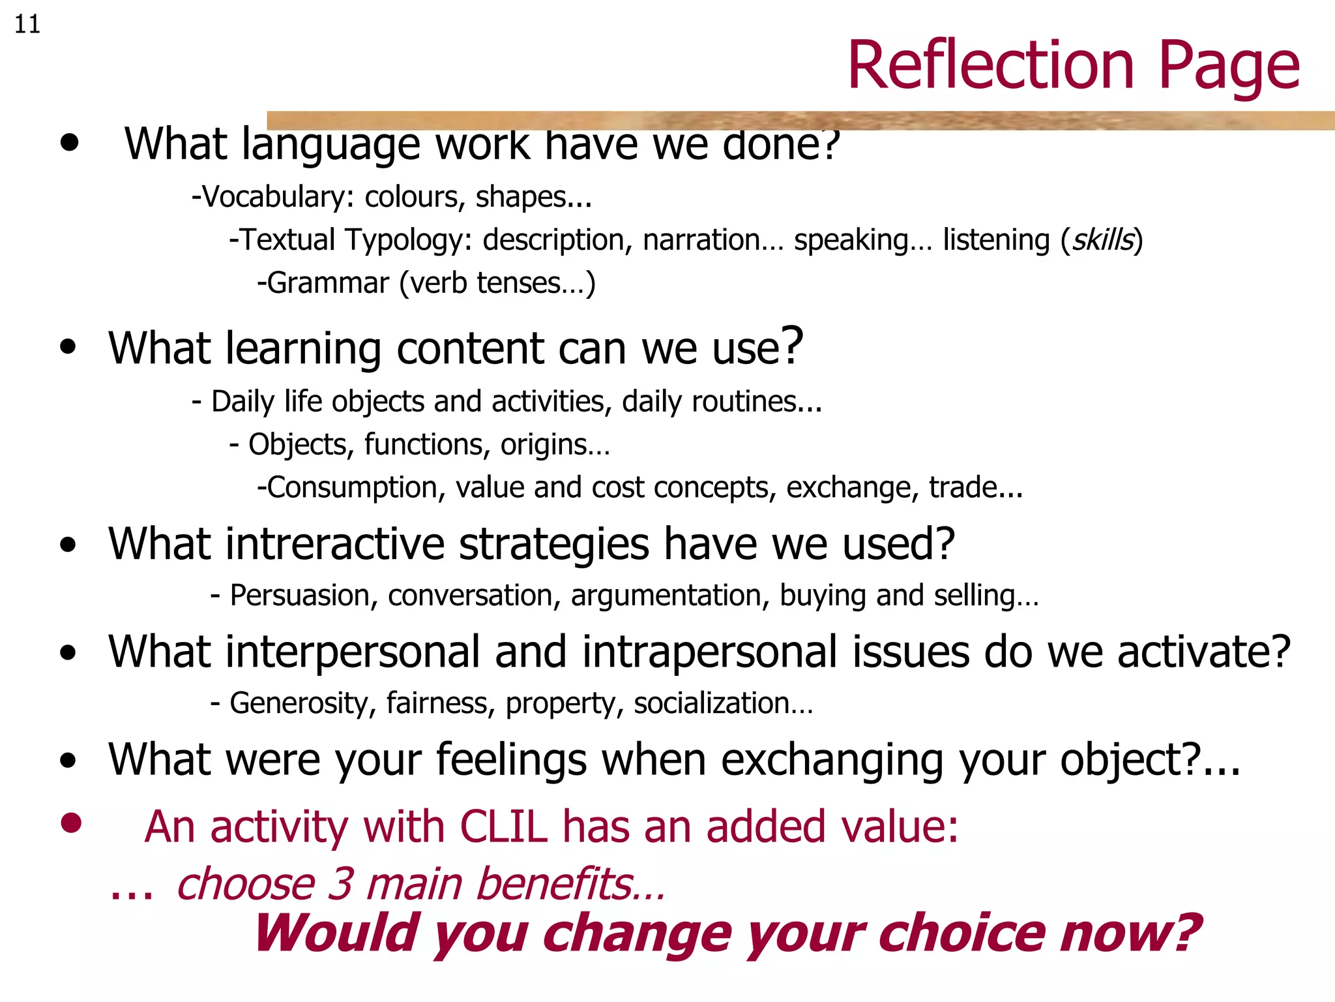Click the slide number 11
coord(27,25)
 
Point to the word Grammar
coord(328,283)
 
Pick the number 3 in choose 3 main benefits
coord(340,885)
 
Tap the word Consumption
coord(352,488)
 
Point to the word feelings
coord(511,761)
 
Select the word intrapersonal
coord(709,652)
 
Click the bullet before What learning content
coord(68,347)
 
